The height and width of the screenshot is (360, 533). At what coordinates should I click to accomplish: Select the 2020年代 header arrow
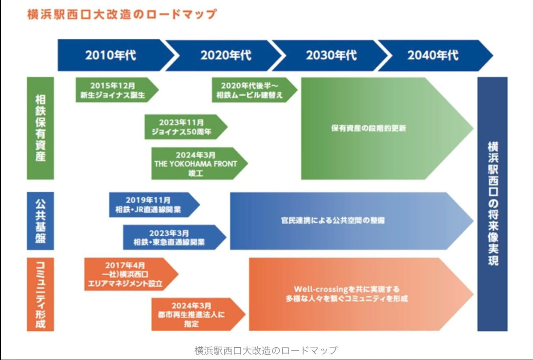226,56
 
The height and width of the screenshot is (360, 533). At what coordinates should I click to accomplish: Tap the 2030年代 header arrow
331,56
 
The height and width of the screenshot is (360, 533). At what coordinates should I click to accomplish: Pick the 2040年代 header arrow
433,56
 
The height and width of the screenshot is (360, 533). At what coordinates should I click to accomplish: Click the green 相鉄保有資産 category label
40,128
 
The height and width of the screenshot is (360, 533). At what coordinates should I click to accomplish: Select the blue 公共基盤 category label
40,221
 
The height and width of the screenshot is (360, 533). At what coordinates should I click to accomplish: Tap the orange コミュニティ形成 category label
40,294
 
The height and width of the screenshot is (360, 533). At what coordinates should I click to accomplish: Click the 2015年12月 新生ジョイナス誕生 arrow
114,90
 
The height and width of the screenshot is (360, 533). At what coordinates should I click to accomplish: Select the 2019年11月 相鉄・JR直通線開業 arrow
151,205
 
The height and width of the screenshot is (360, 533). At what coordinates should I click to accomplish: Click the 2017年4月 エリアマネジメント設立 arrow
127,274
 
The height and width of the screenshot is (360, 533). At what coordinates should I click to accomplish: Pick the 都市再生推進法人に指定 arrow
193,315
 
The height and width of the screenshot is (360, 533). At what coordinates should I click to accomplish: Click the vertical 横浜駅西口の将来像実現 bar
493,204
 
